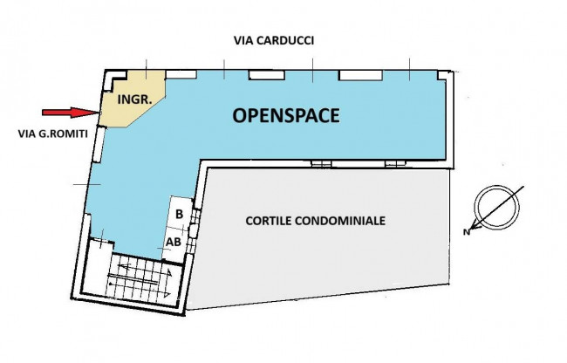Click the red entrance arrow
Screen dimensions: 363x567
pyautogui.click(x=69, y=112)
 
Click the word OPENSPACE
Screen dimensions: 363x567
pyautogui.click(x=285, y=114)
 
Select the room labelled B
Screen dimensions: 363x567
pyautogui.click(x=179, y=214)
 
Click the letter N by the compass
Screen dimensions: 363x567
pyautogui.click(x=468, y=231)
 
